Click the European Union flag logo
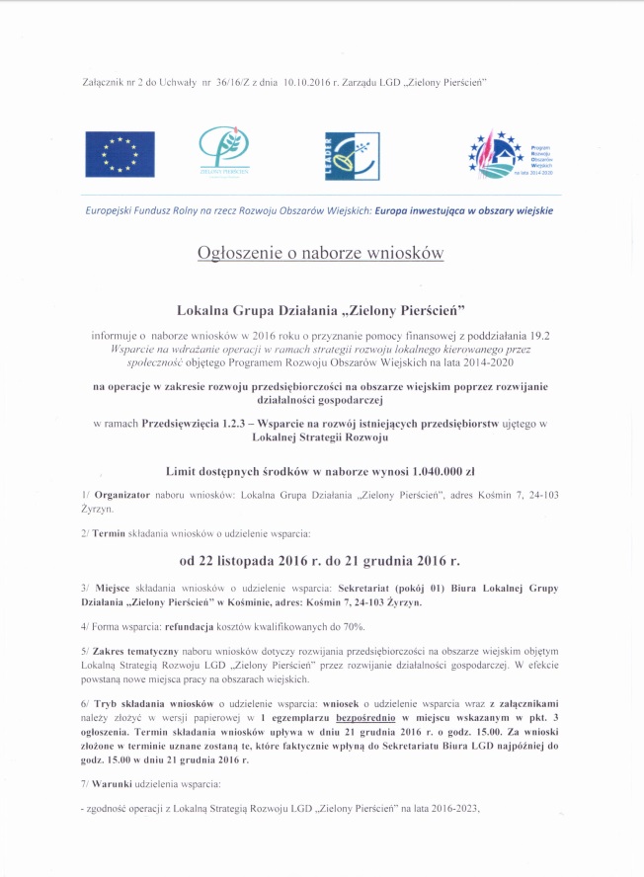coord(119,153)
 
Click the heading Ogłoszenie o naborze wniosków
coord(321,254)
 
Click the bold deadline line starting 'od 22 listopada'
coord(320,561)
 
